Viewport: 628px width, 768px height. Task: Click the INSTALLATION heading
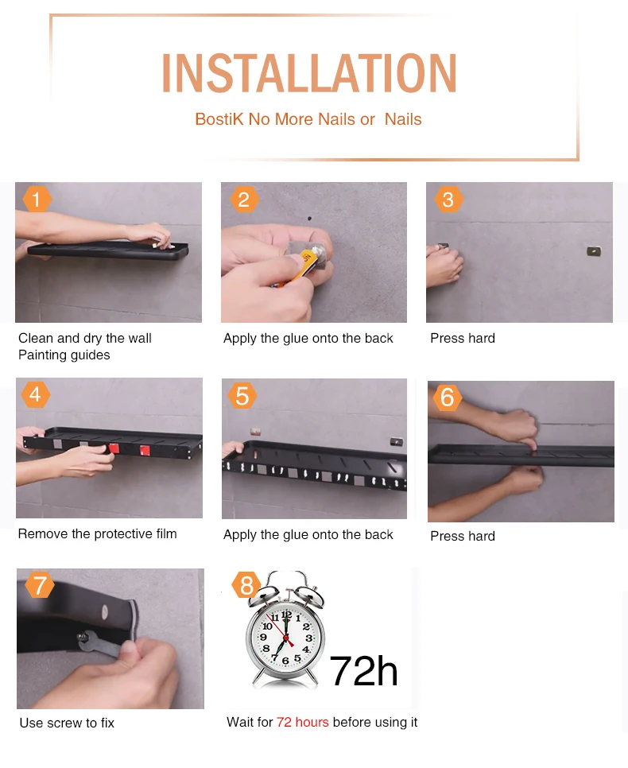point(309,73)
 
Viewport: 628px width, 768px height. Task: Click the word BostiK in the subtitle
point(219,119)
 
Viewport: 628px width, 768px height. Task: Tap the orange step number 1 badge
point(37,199)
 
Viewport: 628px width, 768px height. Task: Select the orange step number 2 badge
point(244,199)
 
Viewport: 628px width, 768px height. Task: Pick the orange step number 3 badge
point(448,199)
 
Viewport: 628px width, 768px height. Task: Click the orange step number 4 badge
point(35,394)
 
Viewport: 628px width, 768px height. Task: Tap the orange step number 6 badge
point(448,397)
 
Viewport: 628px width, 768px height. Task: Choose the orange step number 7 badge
point(40,585)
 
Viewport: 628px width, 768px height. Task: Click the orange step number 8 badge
point(246,585)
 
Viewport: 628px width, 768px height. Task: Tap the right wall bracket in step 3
point(594,251)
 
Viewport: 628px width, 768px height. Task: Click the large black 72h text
point(363,671)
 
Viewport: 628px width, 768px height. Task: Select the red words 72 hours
point(302,722)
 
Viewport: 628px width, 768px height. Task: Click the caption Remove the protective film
point(98,533)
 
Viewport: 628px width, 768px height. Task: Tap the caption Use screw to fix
point(67,723)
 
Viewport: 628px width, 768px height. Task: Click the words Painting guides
point(64,355)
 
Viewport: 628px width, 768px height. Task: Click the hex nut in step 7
point(83,637)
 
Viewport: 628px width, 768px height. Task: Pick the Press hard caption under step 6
point(463,536)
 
